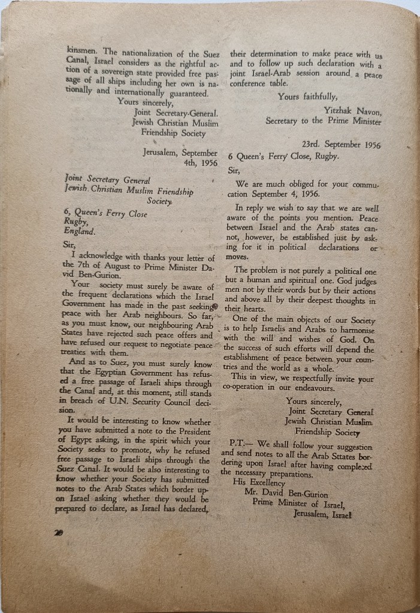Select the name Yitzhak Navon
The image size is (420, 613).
pos(353,110)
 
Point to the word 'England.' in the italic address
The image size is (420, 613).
pos(79,230)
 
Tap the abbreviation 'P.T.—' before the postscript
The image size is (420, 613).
pos(242,447)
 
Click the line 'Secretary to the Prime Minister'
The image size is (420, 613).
pos(324,120)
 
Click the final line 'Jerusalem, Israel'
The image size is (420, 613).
pos(322,513)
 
